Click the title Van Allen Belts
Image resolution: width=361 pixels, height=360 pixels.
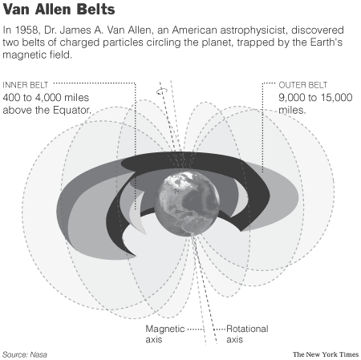59,10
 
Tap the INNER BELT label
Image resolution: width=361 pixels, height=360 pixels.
26,85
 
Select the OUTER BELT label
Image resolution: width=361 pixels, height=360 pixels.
303,85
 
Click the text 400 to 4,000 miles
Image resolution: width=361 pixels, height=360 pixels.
46,98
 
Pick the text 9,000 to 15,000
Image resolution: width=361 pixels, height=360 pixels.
315,98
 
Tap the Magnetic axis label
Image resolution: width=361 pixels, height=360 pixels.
165,334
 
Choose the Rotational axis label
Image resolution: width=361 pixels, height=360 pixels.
247,334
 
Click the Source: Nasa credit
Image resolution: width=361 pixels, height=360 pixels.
25,354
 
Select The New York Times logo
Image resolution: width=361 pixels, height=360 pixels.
326,354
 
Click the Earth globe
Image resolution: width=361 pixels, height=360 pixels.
187,204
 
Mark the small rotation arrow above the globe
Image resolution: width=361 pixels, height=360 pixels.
162,91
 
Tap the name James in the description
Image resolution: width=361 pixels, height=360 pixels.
75,30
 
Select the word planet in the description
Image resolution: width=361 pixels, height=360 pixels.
217,42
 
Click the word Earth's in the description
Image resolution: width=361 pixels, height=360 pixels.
327,42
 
